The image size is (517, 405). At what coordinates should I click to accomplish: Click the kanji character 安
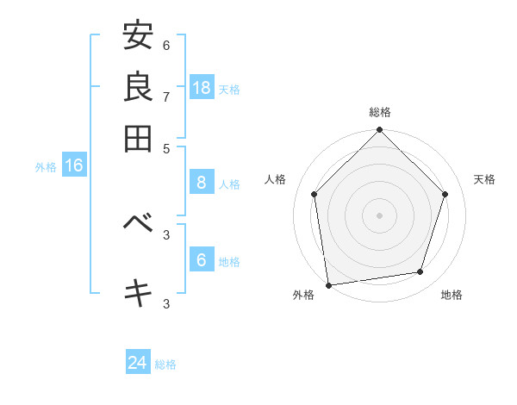pos(138,36)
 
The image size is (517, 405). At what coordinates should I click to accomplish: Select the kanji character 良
pos(138,87)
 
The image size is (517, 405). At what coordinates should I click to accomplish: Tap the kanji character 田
pos(138,138)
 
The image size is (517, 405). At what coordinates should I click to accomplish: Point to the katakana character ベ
pos(138,223)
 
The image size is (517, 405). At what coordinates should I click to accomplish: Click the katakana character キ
pos(138,292)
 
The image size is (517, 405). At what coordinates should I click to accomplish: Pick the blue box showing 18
pos(202,88)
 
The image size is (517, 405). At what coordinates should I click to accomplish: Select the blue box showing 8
pos(202,183)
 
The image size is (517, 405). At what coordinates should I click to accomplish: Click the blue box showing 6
pos(202,260)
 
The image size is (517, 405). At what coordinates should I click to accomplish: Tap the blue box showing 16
pos(74,166)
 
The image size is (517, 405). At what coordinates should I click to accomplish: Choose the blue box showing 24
pos(138,364)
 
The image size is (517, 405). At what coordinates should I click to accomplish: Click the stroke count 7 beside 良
pos(166,97)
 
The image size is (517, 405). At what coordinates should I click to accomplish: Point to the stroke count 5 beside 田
pos(166,147)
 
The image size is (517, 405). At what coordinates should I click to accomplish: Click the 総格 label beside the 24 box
pos(165,364)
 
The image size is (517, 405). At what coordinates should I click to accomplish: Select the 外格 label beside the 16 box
pos(46,167)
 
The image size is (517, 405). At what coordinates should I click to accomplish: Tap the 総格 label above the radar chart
pos(380,112)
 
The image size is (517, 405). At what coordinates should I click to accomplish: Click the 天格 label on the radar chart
pos(484,179)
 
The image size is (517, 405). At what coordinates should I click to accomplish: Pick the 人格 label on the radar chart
pos(276,179)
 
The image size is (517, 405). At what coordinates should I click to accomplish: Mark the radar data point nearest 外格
pos(328,284)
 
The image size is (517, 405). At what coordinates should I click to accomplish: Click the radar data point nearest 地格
pos(420,272)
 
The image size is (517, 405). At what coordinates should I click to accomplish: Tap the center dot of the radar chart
pos(380,215)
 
